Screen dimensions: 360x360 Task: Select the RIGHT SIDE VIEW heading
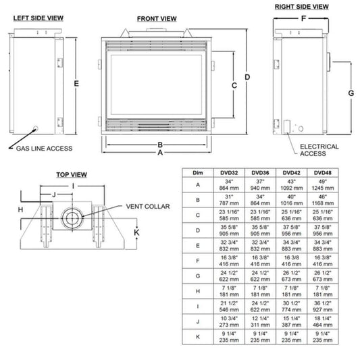[301, 6]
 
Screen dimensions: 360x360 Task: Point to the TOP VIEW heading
[72, 175]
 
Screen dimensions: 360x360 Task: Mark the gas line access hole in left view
[34, 127]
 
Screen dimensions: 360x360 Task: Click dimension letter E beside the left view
[78, 83]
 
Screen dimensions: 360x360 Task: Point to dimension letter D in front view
[247, 77]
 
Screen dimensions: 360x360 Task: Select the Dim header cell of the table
[197, 173]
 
